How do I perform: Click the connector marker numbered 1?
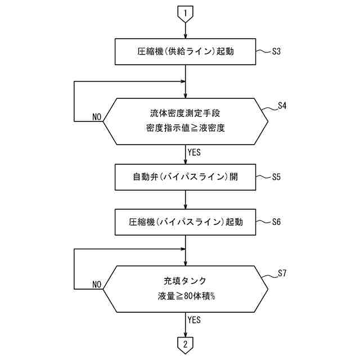[x=186, y=12]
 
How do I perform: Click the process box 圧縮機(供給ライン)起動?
[x=186, y=52]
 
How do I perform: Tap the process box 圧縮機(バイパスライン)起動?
[x=186, y=222]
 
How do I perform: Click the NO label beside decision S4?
[x=96, y=117]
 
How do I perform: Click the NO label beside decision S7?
[x=96, y=285]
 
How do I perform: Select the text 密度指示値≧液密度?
[x=186, y=128]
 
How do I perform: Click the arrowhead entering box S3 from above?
[x=186, y=36]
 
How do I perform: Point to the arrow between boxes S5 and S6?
[x=186, y=199]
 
